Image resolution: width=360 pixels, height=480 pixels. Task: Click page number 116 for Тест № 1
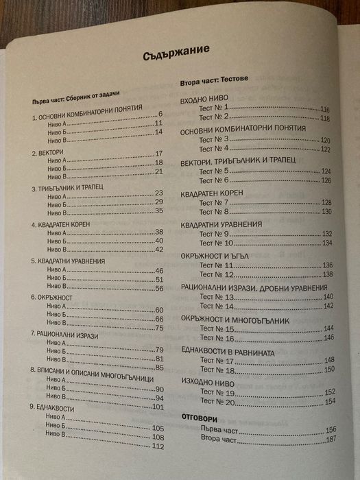pos(325,110)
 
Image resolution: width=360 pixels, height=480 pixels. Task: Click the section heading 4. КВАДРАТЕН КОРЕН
pos(65,224)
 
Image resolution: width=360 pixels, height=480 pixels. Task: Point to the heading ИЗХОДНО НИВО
pos(208,382)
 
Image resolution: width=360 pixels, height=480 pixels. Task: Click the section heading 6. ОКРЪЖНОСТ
pos(51,299)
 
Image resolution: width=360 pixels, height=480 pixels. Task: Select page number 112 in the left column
pos(159,448)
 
